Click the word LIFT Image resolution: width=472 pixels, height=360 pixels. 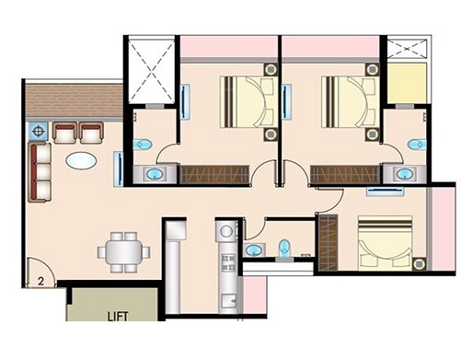116,316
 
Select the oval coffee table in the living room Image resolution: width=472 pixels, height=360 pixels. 79,160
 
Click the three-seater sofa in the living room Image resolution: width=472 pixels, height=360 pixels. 40,171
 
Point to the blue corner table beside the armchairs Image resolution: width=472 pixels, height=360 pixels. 39,131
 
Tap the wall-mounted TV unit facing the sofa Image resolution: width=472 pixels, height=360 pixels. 118,169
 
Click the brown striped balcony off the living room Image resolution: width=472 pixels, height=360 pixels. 74,100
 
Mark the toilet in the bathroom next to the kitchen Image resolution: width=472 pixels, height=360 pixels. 284,248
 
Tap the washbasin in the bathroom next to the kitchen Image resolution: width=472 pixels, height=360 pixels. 253,250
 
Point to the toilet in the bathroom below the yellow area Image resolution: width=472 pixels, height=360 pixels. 416,145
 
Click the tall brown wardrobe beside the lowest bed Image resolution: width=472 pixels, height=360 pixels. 327,241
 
